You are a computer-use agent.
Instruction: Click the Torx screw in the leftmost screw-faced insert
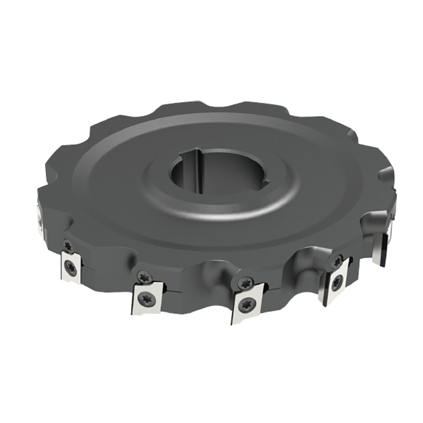[71, 268]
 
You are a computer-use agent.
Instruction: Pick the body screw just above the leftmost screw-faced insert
[68, 244]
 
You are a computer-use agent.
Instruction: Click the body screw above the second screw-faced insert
[141, 275]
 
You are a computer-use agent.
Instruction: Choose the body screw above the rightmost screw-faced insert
[337, 261]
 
